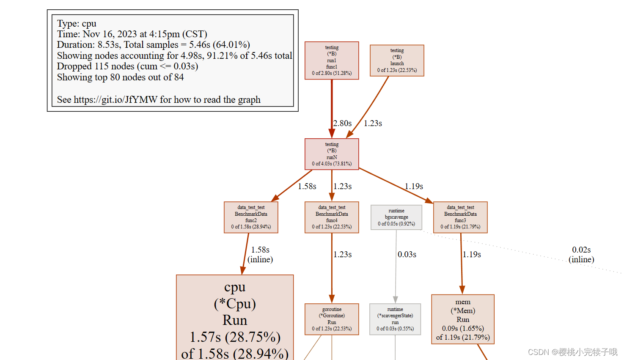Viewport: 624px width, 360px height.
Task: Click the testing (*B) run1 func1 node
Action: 332,60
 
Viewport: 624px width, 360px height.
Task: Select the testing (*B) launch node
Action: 397,60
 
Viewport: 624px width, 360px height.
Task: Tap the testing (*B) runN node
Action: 332,154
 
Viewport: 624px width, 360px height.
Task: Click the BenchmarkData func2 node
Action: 251,217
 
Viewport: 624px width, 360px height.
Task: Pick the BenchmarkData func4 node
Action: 332,217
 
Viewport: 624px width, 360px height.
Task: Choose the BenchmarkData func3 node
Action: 460,217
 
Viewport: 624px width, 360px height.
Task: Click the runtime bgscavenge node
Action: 396,217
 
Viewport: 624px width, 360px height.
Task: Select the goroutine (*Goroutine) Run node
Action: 332,319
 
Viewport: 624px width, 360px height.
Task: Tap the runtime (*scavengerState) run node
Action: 395,319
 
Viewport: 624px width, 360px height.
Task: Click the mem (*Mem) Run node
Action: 463,319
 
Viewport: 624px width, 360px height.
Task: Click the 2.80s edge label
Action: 342,124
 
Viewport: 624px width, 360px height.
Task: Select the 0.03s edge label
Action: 407,255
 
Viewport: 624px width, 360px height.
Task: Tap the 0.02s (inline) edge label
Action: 581,255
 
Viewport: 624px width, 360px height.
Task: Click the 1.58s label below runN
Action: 307,187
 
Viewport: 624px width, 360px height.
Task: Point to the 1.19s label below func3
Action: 472,255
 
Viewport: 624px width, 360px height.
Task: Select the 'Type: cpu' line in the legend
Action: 77,24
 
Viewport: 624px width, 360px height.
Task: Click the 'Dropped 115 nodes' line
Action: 127,66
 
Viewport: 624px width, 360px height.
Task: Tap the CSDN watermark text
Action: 572,352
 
